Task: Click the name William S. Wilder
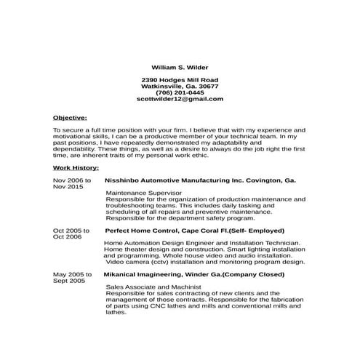pos(180,65)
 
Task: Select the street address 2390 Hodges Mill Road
pos(180,79)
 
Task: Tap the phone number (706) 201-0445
pos(180,92)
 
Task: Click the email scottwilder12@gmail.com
pos(180,99)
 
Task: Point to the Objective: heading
pos(70,116)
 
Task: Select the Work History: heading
pos(76,167)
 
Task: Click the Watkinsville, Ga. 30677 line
pos(180,86)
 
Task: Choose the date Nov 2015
pos(68,186)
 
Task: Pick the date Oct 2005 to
pos(71,230)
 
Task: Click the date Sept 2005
pos(69,280)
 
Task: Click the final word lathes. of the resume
pos(116,313)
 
